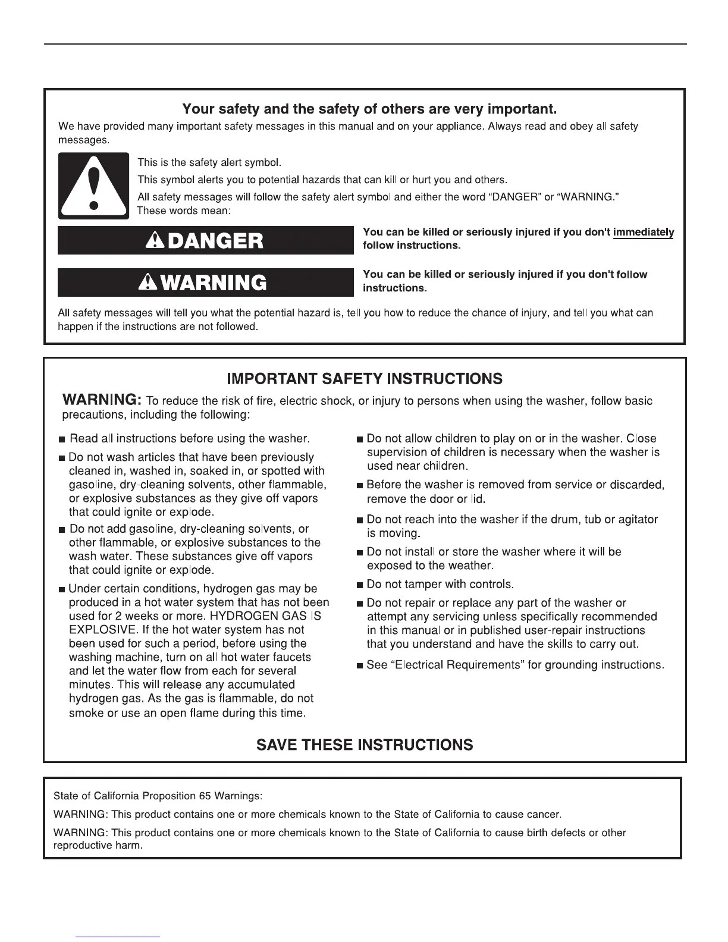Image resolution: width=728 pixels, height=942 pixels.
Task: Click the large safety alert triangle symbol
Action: point(93,186)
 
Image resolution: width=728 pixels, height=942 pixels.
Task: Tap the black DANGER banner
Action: point(205,240)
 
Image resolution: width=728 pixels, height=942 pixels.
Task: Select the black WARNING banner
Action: point(205,282)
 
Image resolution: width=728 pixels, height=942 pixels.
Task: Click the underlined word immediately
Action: point(644,232)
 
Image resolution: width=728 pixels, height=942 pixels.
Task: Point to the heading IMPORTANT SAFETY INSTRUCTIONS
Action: point(365,379)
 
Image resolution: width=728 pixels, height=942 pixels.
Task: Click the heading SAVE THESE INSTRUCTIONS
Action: point(365,745)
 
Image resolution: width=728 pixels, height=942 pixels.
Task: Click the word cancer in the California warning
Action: point(543,814)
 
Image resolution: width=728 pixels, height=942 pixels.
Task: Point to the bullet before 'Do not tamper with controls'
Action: point(359,585)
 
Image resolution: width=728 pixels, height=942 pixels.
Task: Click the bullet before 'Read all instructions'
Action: point(62,440)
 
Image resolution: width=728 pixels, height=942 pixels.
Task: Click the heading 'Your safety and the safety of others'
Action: point(369,109)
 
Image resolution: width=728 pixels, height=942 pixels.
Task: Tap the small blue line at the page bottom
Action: point(118,937)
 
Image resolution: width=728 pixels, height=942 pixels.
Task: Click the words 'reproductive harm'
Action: point(98,846)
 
